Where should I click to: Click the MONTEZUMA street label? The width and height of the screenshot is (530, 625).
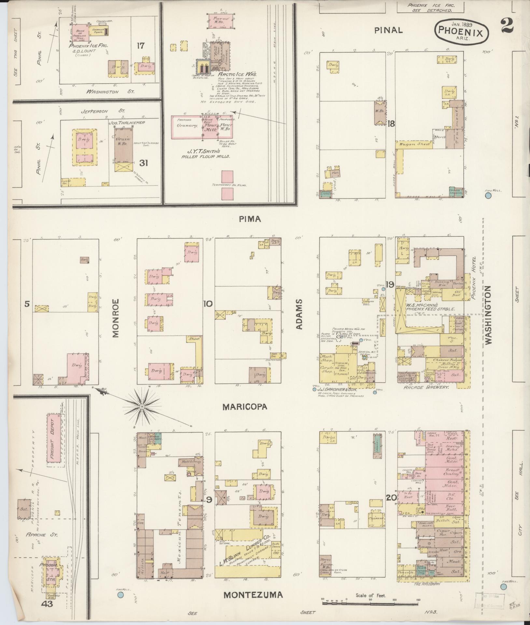pyautogui.click(x=253, y=595)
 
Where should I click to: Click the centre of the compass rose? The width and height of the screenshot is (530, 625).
pyautogui.click(x=142, y=407)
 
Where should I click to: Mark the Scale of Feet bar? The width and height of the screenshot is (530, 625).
pyautogui.click(x=370, y=603)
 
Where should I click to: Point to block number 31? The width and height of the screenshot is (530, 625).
pyautogui.click(x=144, y=163)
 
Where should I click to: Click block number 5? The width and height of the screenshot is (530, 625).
pyautogui.click(x=27, y=304)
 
